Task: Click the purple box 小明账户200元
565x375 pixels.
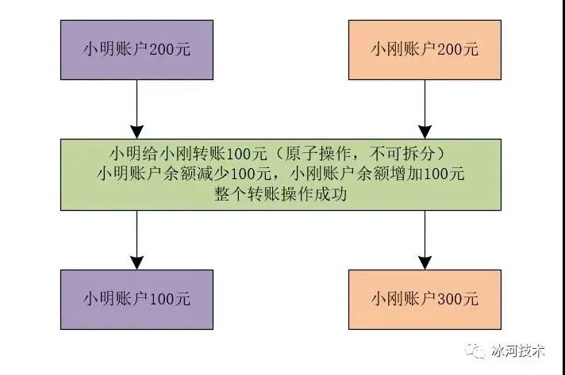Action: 137,49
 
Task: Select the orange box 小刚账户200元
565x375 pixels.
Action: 425,49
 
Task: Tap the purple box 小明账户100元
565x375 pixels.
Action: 137,299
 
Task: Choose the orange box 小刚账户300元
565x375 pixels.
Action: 425,299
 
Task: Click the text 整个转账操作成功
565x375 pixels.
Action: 282,194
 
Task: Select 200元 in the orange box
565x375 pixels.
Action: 459,49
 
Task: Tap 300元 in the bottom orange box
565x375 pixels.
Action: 459,299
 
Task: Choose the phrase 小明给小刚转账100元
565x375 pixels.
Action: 198,151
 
